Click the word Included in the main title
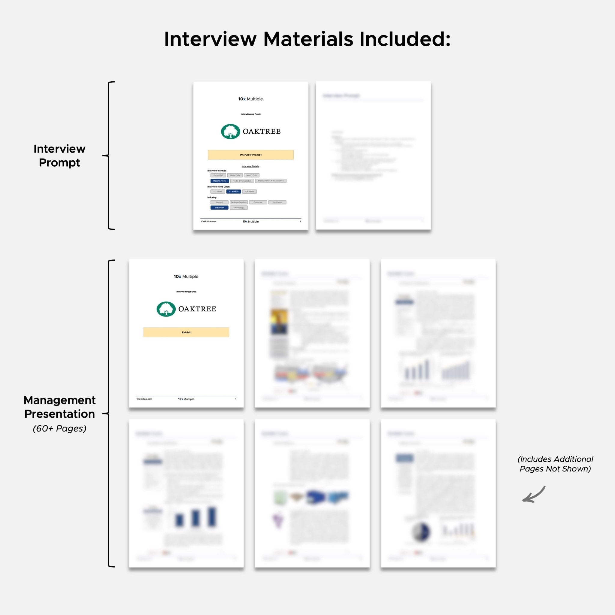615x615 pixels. (404, 39)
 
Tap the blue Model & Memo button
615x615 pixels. (220, 181)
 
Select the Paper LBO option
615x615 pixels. (218, 175)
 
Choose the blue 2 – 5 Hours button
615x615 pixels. (233, 192)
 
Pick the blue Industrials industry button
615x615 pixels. (219, 208)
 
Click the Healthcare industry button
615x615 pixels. (277, 202)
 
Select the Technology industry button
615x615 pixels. (238, 208)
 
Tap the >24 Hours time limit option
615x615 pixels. (249, 192)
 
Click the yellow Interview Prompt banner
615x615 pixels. (250, 155)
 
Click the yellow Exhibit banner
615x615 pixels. (186, 332)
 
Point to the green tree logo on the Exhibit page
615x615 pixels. (166, 309)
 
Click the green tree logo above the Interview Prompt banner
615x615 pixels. (230, 132)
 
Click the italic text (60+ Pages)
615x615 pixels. (59, 429)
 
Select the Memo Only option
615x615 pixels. (251, 175)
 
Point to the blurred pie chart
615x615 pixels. (421, 532)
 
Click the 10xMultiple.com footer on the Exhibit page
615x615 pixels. (144, 399)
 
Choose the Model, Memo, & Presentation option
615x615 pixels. (271, 181)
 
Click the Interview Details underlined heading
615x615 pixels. (250, 166)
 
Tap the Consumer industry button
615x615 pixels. (258, 202)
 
